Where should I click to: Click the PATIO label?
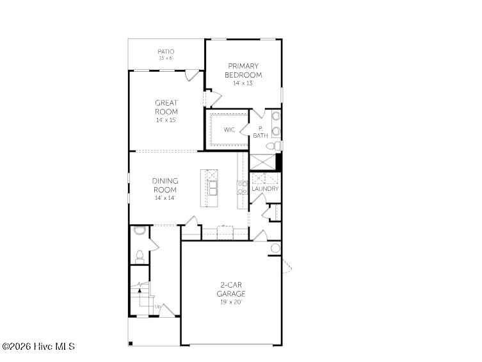click(x=166, y=51)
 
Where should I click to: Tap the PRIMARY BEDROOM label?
click(x=243, y=70)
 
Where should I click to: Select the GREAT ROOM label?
click(x=166, y=107)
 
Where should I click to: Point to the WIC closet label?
click(x=229, y=129)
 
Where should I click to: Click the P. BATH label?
click(x=261, y=132)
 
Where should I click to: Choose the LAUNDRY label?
click(x=265, y=188)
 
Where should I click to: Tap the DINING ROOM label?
click(x=165, y=185)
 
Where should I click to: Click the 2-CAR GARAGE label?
click(x=231, y=289)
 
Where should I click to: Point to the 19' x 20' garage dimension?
click(x=231, y=302)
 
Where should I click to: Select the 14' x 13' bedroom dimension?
click(x=243, y=83)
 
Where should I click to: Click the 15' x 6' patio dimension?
click(x=166, y=58)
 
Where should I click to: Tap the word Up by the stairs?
click(x=157, y=306)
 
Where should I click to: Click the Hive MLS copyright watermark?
click(x=38, y=347)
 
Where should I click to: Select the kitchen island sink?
click(x=213, y=188)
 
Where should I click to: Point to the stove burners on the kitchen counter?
click(x=243, y=188)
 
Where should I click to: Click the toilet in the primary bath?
click(x=274, y=145)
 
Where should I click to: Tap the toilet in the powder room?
click(x=140, y=257)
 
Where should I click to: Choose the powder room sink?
click(x=140, y=231)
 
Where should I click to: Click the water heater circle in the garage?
click(x=275, y=248)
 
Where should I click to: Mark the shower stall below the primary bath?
click(x=263, y=162)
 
